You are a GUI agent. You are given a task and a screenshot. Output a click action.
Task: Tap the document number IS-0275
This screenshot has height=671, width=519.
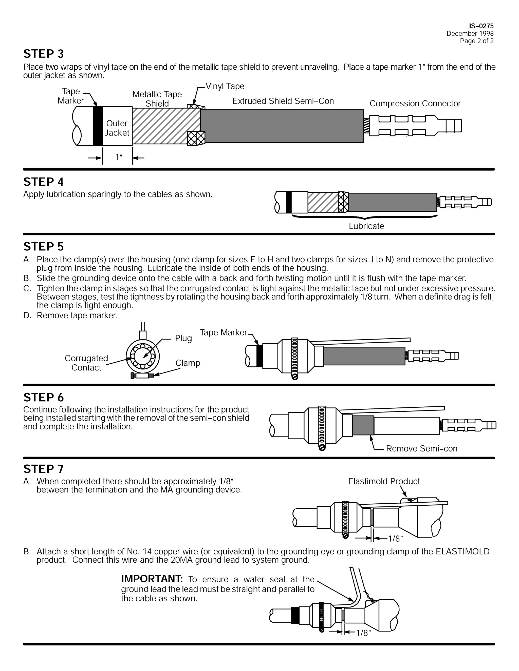pos(481,26)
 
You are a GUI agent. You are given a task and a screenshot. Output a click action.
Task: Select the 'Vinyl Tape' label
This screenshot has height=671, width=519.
pos(225,86)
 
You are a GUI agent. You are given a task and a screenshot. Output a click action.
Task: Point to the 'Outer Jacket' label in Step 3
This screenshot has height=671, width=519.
pos(117,128)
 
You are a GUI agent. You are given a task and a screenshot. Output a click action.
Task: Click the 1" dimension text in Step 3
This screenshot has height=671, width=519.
pos(119,157)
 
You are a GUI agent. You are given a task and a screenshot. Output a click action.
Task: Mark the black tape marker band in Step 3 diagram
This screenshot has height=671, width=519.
pos(98,126)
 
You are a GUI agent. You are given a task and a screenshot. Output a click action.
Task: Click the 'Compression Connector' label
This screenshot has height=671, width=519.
pos(415,104)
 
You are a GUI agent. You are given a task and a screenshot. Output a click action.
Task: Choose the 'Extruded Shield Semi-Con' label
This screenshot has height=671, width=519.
pos(283,101)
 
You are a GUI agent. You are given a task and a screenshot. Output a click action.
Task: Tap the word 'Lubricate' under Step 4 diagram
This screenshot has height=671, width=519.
pos(366,226)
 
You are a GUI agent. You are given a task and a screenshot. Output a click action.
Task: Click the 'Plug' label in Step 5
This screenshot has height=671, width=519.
pos(183,338)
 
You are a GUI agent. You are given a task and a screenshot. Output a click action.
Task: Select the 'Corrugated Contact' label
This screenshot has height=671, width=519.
pos(86,363)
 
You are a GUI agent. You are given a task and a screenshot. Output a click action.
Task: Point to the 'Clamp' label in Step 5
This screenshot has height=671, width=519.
pos(188,363)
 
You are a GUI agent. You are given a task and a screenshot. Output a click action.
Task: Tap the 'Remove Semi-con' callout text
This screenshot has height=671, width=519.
pos(421,449)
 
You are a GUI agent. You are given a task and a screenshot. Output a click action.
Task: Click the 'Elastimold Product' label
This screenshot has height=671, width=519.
pos(384,481)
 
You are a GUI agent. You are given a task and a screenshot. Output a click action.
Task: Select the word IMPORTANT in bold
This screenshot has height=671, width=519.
pos(152,579)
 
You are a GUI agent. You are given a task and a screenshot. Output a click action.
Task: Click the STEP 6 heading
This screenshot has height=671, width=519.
pos(43,398)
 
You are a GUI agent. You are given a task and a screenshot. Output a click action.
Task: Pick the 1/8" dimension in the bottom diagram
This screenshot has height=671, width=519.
pos(364,633)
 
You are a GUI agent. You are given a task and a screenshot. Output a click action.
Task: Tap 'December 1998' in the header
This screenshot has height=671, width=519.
pos(470,33)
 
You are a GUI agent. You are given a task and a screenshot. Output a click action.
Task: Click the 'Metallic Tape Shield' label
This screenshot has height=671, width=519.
pos(157,99)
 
